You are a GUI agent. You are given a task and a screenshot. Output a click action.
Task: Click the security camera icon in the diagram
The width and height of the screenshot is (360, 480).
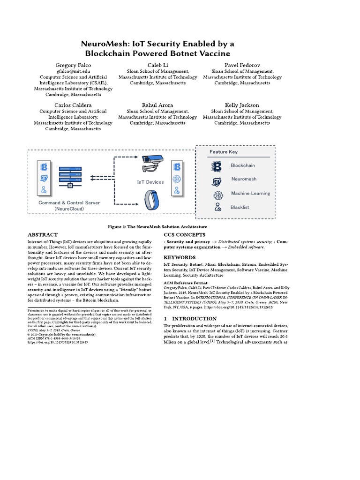(x=150, y=162)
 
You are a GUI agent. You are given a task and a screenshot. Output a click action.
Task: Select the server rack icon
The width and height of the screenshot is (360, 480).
(x=70, y=178)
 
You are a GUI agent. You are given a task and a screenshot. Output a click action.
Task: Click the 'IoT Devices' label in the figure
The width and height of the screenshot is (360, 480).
(x=150, y=182)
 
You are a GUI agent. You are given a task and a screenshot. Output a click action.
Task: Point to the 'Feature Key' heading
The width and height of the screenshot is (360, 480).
(x=224, y=152)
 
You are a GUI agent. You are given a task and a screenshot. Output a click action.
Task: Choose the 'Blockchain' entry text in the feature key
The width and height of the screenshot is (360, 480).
(x=243, y=165)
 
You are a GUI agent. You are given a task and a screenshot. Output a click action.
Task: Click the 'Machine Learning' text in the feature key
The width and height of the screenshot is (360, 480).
(x=250, y=193)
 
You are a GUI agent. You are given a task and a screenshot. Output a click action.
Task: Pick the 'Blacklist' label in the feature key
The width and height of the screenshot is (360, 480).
(x=240, y=207)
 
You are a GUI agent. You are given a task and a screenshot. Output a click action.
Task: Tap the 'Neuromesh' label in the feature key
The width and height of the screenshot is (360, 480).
(x=244, y=179)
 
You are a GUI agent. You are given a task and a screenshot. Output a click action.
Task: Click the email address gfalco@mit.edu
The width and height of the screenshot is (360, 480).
(x=73, y=71)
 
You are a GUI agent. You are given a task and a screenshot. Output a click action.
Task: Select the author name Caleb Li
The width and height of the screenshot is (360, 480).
(x=157, y=64)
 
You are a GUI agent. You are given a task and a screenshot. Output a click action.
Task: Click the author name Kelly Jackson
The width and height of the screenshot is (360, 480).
(x=242, y=105)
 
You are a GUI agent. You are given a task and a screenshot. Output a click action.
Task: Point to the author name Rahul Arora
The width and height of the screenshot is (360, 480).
(x=157, y=105)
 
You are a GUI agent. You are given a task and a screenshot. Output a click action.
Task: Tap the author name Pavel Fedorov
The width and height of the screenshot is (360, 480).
(x=242, y=64)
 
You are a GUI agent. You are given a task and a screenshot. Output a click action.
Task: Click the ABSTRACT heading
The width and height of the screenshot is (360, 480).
(x=43, y=234)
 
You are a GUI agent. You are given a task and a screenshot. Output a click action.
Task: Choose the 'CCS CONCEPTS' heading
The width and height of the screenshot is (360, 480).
(x=184, y=234)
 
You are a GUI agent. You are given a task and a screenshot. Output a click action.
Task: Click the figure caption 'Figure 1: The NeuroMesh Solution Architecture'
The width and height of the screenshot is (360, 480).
(x=157, y=226)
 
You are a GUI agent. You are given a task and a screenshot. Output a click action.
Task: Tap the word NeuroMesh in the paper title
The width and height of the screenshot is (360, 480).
(x=105, y=44)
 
